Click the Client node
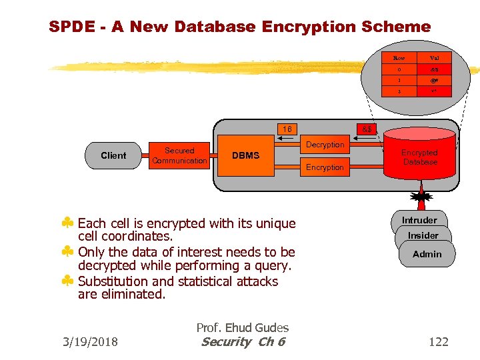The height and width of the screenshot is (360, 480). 113,155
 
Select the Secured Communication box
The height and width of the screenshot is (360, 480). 179,156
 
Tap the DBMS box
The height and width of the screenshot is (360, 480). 246,156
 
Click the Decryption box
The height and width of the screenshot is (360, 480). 325,145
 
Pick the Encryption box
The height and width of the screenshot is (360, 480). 325,167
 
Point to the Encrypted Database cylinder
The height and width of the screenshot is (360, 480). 420,157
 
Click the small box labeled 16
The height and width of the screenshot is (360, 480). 287,129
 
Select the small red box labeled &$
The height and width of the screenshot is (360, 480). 367,129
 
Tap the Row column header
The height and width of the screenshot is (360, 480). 399,58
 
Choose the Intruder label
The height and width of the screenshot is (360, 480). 419,220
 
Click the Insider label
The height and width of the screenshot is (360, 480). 423,235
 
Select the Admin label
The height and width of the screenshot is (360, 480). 427,254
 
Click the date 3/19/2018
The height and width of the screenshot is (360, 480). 89,342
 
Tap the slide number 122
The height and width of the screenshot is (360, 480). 438,342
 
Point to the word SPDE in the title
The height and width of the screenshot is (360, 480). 71,27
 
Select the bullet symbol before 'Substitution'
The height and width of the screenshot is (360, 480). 67,281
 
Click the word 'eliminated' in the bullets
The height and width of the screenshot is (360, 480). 132,294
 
